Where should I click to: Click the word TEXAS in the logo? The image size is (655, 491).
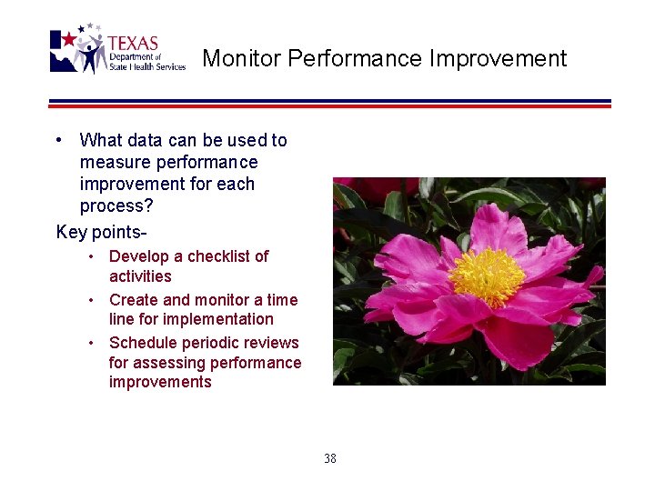point(133,43)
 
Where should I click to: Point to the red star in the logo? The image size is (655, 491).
point(67,39)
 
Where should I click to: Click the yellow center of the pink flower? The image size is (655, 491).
point(487,276)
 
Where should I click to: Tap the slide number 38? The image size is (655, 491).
point(329,458)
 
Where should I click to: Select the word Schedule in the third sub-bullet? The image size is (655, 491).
point(141,343)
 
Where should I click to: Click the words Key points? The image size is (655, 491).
point(100,232)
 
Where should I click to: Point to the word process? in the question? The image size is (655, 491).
point(116,205)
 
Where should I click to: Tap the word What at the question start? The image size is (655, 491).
point(99,140)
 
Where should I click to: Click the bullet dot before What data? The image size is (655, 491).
point(58,139)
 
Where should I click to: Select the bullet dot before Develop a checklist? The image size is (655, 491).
point(92,256)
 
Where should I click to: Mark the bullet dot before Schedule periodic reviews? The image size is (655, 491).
point(92,342)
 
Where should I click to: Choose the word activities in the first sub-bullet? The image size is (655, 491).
point(140,276)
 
